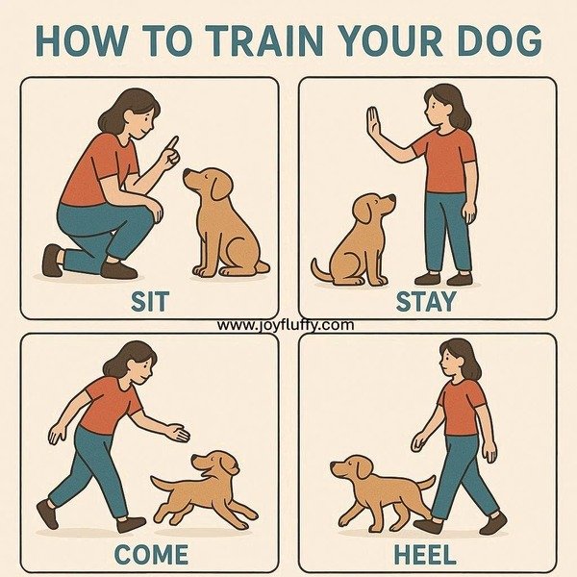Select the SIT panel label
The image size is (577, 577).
[150, 301]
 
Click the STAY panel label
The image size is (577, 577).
[426, 301]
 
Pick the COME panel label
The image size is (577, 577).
[151, 554]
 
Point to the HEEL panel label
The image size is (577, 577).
[425, 554]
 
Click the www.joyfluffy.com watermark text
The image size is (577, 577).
[286, 325]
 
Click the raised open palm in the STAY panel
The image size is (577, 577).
[373, 123]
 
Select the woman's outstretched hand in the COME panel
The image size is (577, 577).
[179, 433]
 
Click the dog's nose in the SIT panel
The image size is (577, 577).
[187, 172]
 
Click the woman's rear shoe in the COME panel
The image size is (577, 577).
[47, 514]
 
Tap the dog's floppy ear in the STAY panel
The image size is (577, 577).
[364, 212]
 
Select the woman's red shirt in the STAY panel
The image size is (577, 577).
[444, 161]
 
